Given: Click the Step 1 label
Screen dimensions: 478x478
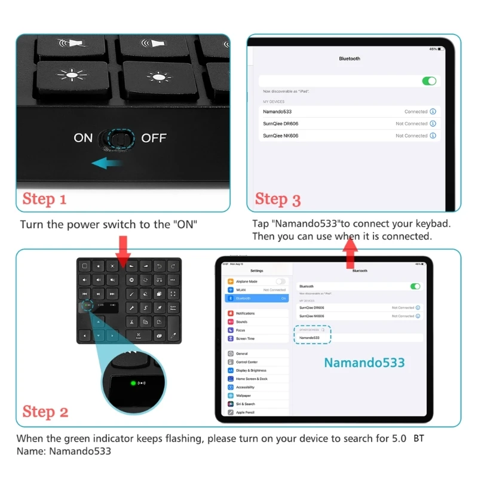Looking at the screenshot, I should coord(44,199).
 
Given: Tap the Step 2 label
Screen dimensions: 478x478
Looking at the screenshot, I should coord(45,412).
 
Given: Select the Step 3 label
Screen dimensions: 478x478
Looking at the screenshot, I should coord(278,199).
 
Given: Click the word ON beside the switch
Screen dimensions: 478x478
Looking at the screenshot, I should coord(83,138).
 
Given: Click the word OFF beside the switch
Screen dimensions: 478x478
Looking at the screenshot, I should coord(154,138).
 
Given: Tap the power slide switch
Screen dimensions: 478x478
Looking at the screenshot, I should coord(118,139).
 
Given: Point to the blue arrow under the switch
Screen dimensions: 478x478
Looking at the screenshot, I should coord(108,163).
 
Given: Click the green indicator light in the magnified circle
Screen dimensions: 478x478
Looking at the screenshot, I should coord(132,382).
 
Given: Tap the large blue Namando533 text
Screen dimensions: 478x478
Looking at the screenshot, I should coord(364,363).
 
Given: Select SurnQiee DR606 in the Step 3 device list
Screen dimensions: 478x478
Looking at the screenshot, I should coord(281,124).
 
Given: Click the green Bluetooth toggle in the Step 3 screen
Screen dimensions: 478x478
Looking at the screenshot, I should coord(429,81).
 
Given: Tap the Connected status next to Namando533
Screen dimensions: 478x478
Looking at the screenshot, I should coord(416,112).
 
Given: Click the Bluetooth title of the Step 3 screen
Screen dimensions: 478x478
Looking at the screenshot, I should coord(350,59).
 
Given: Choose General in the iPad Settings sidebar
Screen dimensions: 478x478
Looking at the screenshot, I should coord(242,354).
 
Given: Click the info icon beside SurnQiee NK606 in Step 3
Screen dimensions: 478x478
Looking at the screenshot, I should coord(433,136).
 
